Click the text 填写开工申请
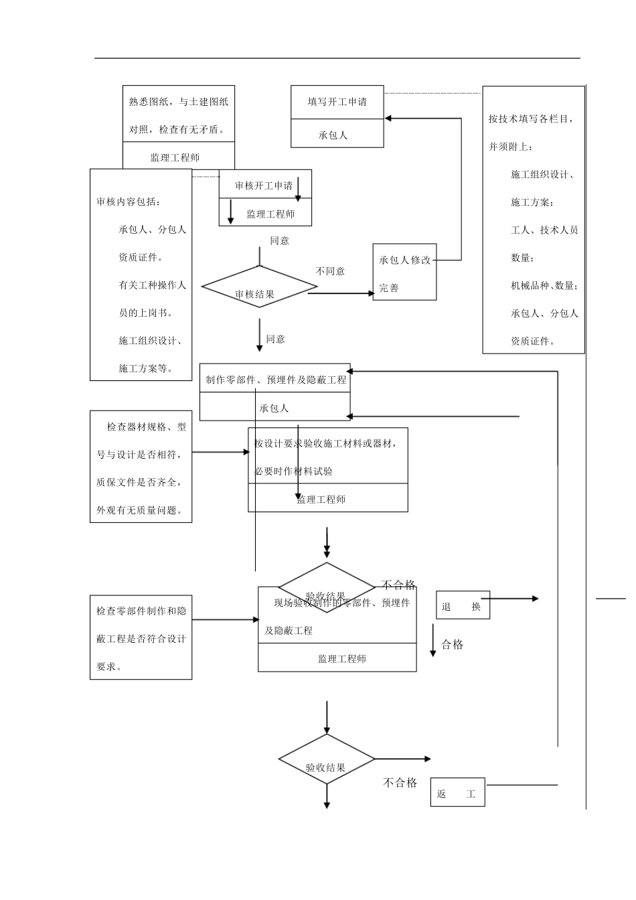coord(337,102)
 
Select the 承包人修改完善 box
coord(404,272)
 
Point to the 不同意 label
coord(330,271)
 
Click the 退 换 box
coord(463,605)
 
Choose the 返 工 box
coord(457,793)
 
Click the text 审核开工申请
coord(263,185)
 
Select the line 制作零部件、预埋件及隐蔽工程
coord(276,380)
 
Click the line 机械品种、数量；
coord(544,285)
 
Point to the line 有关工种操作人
coord(152,285)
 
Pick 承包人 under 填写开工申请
coord(333,135)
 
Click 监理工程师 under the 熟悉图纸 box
coord(175,157)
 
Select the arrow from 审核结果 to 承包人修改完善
coord(341,293)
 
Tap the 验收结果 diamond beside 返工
coord(327,762)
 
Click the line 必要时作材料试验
coord(294,471)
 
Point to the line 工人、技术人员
coord(544,230)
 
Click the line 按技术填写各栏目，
coord(531,119)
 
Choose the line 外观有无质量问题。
coord(139,510)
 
